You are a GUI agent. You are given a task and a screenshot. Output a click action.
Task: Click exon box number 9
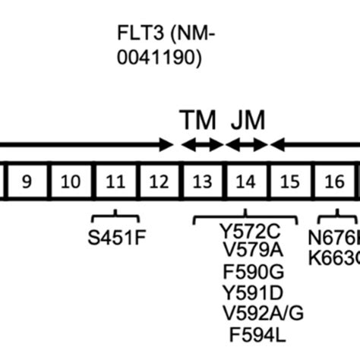[x=27, y=181]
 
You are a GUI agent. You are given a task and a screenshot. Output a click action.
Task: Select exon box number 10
[x=71, y=181]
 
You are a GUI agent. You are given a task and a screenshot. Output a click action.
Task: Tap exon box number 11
[x=115, y=181]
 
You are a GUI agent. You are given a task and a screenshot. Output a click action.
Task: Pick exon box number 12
[x=159, y=181]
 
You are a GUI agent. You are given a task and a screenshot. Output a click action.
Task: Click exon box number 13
[x=203, y=181]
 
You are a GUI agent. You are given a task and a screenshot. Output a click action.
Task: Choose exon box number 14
[x=246, y=181]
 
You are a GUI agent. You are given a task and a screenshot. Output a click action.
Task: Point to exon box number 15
[x=290, y=181]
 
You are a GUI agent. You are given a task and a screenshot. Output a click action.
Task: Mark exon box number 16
[x=334, y=181]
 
